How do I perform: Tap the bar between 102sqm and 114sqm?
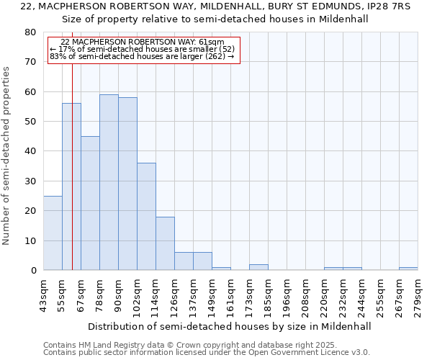point(146,216)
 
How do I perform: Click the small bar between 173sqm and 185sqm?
point(258,267)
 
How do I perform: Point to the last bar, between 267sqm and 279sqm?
point(408,269)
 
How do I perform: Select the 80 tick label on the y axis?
point(30,32)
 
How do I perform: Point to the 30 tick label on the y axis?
point(30,181)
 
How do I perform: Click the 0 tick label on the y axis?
point(33,271)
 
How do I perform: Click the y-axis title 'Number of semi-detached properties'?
point(6,156)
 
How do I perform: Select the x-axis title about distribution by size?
point(230,326)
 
